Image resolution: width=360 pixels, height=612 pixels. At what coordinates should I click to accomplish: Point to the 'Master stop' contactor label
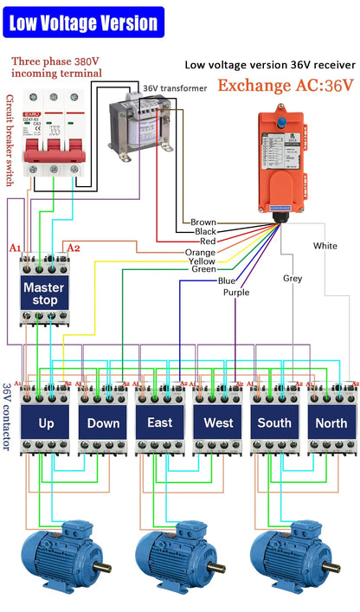(45, 293)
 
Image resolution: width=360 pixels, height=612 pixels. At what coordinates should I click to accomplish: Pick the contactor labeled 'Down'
(103, 423)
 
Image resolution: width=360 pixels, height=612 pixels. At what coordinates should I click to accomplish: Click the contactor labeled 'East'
(160, 423)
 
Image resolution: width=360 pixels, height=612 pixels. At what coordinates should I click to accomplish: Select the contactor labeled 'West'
(218, 423)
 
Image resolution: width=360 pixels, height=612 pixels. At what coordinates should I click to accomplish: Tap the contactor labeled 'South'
(275, 423)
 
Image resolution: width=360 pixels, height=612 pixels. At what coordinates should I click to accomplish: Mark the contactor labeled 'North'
(332, 423)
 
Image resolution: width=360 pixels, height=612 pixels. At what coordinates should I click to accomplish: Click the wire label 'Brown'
(203, 222)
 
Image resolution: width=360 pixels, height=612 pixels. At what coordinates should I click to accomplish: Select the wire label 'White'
(325, 246)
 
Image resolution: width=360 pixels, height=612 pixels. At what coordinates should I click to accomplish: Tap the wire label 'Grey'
(292, 279)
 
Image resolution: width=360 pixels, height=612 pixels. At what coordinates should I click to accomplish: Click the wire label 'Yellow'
(202, 261)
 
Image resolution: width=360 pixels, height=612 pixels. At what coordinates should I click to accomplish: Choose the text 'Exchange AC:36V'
(286, 85)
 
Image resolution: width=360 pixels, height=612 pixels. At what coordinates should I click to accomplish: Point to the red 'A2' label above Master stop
(74, 248)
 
